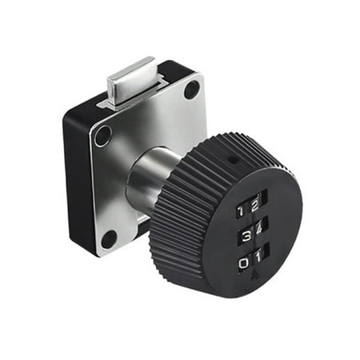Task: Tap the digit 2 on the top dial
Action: coord(255,203)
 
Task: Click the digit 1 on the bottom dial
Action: coord(258,258)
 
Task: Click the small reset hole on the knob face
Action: coord(232,159)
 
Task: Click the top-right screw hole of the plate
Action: coord(192,90)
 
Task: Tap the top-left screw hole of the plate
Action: coord(102,135)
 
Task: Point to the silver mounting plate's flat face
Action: coord(172,120)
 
